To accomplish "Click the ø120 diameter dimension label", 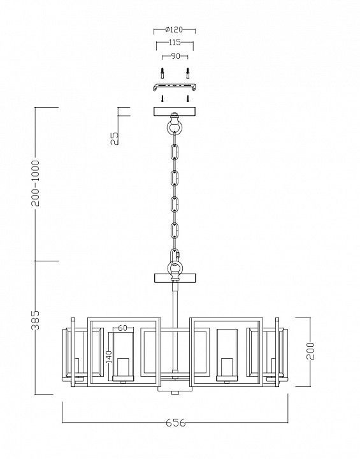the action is point(174,29).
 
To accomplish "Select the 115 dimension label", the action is point(175,43).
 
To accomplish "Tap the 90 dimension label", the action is point(175,56).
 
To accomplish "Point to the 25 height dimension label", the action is point(115,138).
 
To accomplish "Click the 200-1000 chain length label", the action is point(36,183).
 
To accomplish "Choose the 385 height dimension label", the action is point(36,320).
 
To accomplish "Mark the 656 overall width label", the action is point(176,423).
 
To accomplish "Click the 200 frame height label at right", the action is point(310,351).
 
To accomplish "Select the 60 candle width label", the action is point(123,328).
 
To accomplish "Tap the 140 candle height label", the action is point(109,357).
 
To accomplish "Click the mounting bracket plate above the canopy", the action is point(175,86).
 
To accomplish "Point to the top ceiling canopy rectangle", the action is point(175,112).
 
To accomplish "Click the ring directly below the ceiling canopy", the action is point(175,126).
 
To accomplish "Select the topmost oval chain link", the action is point(175,152).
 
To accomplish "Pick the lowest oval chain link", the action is point(175,231).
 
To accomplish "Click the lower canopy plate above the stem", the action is point(175,278).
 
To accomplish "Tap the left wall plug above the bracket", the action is point(162,73).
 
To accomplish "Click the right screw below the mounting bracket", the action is point(188,98).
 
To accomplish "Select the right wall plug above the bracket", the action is point(188,73).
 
